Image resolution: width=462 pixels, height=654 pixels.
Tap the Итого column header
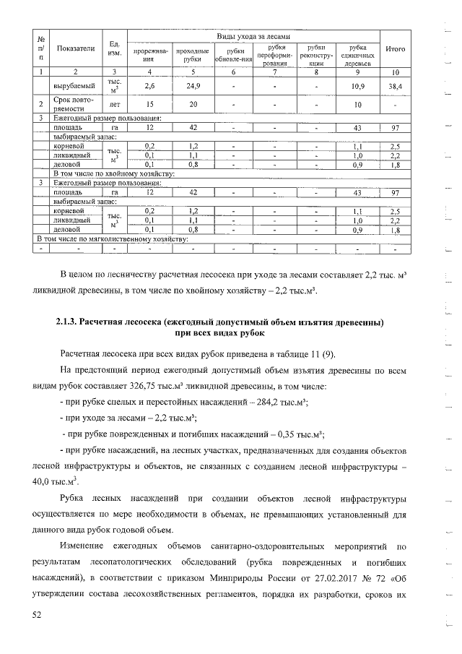pyautogui.click(x=396, y=48)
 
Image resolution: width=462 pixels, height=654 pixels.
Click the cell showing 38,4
pyautogui.click(x=396, y=86)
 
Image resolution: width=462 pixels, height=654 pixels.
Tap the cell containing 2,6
pyautogui.click(x=150, y=86)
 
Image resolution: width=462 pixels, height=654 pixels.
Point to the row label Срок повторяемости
pyautogui.click(x=70, y=104)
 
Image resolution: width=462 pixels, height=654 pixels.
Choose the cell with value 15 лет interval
pyautogui.click(x=150, y=104)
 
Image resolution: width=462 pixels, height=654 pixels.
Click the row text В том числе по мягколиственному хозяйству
pyautogui.click(x=113, y=237)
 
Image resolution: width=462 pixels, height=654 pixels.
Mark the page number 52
pyautogui.click(x=38, y=614)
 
